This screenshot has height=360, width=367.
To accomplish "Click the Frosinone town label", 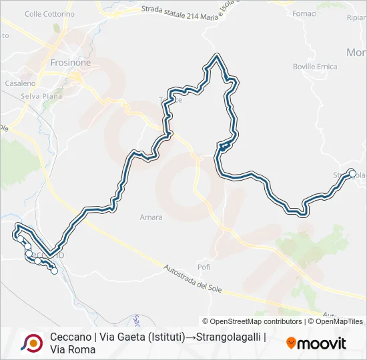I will (x=70, y=63).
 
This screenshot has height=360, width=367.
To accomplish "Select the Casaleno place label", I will (x=19, y=83).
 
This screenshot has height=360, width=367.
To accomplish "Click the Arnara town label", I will (x=151, y=217).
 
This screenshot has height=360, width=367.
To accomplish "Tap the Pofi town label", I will (x=204, y=267).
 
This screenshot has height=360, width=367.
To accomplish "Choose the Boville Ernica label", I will (x=315, y=67).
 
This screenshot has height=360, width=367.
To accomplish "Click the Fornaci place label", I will (x=305, y=13).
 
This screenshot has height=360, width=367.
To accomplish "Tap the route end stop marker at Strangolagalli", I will (x=352, y=173).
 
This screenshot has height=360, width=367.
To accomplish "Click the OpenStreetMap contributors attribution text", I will (x=252, y=321).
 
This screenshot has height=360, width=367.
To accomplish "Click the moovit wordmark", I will (x=322, y=343).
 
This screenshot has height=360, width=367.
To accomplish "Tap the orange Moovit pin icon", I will (x=291, y=343).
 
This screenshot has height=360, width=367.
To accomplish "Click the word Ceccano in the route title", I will (x=70, y=337).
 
